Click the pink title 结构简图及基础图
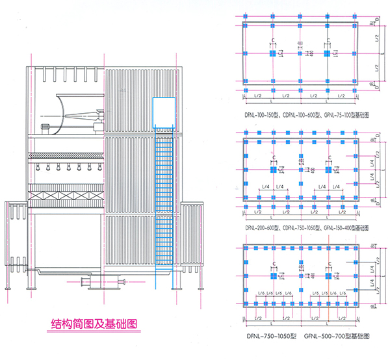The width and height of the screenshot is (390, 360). pos(94,323)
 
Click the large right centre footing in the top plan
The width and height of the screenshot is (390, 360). pos(328,53)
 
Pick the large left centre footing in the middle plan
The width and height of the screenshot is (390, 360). pos(272,169)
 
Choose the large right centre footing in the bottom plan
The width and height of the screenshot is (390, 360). pos(328,276)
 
